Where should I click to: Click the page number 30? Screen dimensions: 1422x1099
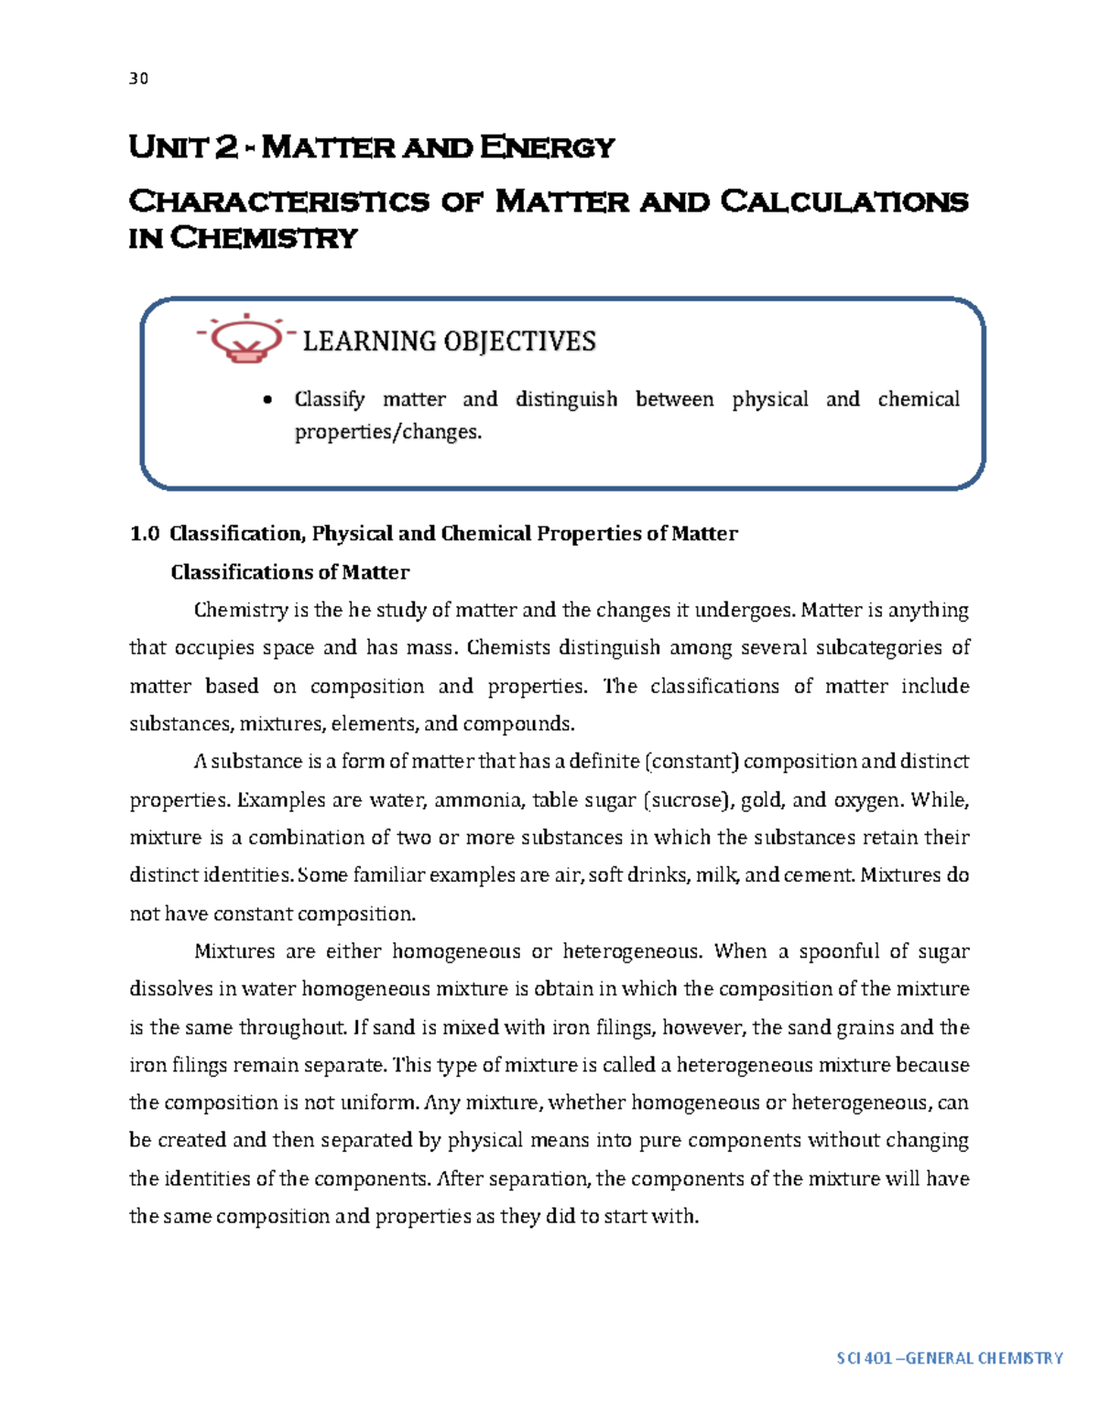point(138,79)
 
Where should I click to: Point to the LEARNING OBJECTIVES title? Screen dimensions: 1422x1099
point(449,342)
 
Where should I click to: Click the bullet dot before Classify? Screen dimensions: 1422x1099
point(267,400)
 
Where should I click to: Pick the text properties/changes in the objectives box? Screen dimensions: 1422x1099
point(387,432)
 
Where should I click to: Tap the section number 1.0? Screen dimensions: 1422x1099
point(145,534)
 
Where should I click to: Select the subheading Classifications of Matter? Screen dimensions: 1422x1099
point(289,572)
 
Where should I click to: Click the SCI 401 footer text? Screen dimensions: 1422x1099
point(949,1358)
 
